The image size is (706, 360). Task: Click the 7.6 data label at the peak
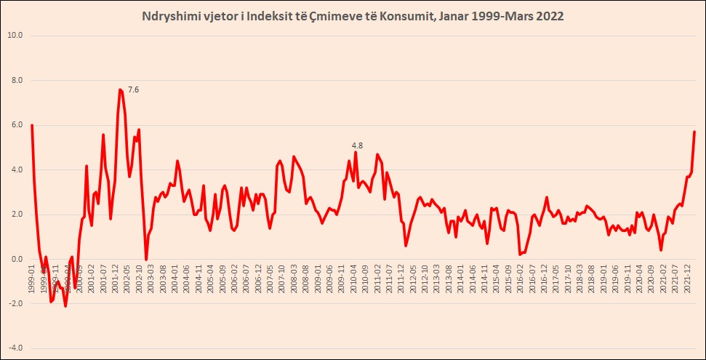[133, 89]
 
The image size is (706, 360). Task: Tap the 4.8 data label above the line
[357, 145]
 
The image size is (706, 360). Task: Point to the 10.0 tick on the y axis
[14, 35]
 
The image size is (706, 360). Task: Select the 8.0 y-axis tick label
[15, 80]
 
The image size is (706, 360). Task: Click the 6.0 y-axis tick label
[15, 125]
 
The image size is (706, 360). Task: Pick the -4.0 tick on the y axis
[14, 348]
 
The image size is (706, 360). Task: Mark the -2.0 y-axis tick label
[14, 304]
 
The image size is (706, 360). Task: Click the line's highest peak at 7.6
[120, 89]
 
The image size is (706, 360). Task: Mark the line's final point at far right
[694, 132]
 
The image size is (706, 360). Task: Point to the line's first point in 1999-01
[32, 125]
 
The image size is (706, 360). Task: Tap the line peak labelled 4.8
[356, 152]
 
